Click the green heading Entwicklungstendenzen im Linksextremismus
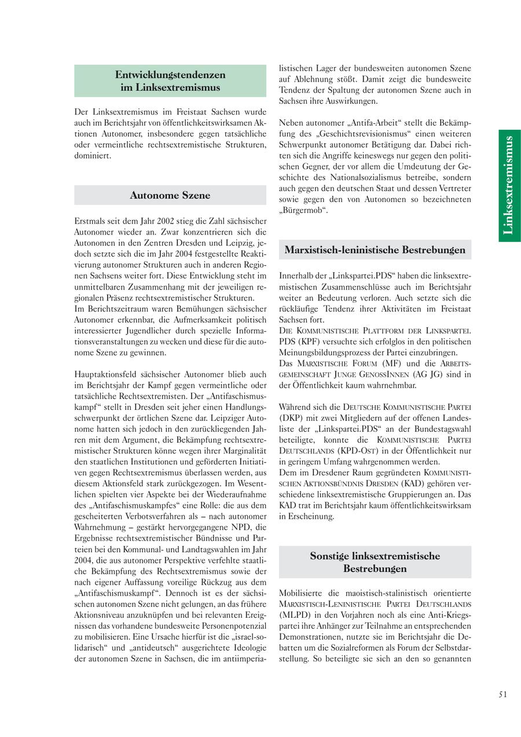click(x=170, y=81)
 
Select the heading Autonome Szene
click(x=170, y=195)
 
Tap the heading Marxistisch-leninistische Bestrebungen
click(x=375, y=250)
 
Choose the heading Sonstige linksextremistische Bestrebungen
click(x=375, y=562)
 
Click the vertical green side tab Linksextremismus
click(x=509, y=185)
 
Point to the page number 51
click(x=502, y=695)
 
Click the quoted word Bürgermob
click(x=303, y=210)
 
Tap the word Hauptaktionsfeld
click(x=107, y=374)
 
